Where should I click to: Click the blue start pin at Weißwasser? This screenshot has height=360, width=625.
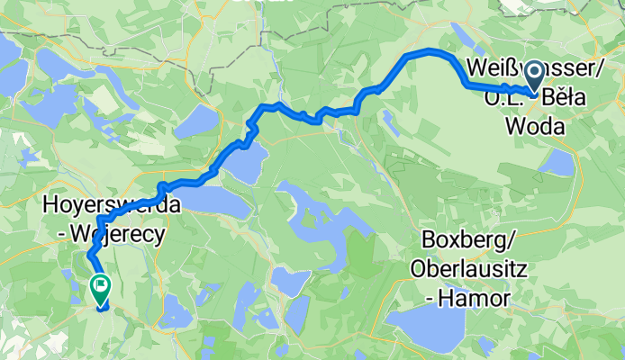click(532, 74)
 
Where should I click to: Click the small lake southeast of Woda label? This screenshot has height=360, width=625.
click(558, 163)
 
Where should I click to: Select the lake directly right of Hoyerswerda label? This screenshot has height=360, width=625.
click(216, 202)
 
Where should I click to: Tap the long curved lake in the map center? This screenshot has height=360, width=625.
click(315, 216)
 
